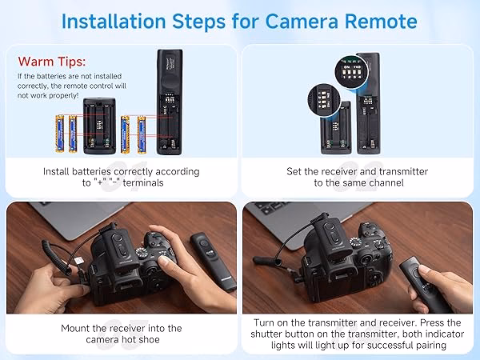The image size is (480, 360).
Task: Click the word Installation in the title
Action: pos(114,22)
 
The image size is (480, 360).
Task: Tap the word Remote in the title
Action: pos(381,22)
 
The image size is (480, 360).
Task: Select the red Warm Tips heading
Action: pos(52,62)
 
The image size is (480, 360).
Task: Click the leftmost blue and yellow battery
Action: pos(60,134)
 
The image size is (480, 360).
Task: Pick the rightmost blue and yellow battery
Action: pos(141,134)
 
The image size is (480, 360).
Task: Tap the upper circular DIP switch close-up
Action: pos(351,72)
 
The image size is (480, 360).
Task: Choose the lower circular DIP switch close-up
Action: pos(324,100)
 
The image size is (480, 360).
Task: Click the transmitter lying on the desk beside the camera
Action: pos(213,261)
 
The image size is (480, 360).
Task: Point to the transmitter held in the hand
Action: pos(425,284)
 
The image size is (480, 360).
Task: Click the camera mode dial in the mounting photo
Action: pos(142,253)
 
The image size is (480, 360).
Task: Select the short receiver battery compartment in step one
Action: pos(99,126)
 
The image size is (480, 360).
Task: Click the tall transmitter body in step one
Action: pos(170,102)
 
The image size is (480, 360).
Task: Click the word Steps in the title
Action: pos(199,22)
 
